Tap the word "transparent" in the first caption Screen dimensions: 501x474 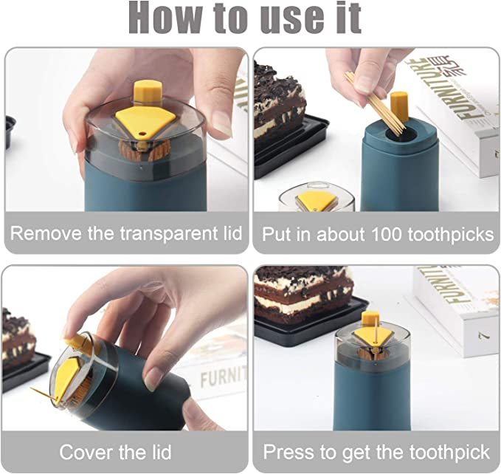169,233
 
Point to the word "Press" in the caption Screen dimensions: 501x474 288,453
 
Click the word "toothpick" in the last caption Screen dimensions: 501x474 449,453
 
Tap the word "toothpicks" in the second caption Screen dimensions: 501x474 451,235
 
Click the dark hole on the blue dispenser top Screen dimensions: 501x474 402,135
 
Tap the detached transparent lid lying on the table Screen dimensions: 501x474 317,197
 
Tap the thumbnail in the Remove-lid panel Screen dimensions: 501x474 221,123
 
